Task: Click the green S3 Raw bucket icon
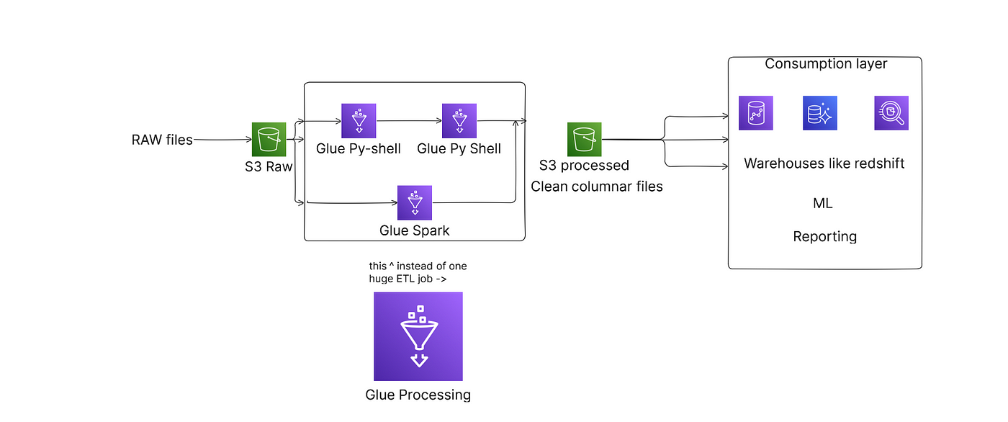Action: click(x=269, y=140)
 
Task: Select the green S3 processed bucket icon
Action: click(x=584, y=140)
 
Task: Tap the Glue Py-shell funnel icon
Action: click(x=359, y=120)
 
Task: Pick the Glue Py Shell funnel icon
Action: click(x=459, y=120)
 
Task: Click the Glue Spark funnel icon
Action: click(x=415, y=202)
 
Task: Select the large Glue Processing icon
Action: click(x=418, y=336)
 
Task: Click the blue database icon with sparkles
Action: click(x=820, y=113)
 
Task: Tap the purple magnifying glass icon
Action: click(x=891, y=113)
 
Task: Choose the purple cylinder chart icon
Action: click(x=756, y=113)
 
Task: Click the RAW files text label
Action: click(x=162, y=140)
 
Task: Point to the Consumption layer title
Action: click(x=826, y=64)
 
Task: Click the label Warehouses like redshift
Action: click(x=824, y=163)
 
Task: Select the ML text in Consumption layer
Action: click(x=822, y=203)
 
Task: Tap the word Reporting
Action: click(x=825, y=237)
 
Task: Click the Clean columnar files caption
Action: click(x=597, y=187)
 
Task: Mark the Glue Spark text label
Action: click(x=414, y=230)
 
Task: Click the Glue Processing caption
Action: click(x=418, y=395)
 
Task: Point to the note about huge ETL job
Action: click(x=418, y=272)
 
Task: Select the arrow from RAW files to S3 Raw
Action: click(x=222, y=140)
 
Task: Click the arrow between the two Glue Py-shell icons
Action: click(x=409, y=120)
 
